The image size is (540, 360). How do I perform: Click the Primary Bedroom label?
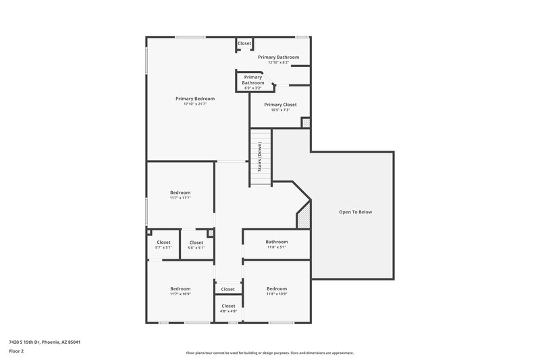[x=195, y=99]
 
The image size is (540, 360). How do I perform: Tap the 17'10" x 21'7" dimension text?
[x=195, y=104]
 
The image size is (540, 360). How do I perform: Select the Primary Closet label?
[x=280, y=105]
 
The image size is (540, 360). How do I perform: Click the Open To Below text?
[x=355, y=212]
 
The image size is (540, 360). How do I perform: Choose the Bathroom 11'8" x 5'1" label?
[x=277, y=242]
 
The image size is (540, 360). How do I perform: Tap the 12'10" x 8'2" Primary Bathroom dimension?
[x=278, y=63]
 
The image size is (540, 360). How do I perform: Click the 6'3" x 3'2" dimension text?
[x=253, y=88]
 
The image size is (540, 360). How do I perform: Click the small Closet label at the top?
[x=244, y=44]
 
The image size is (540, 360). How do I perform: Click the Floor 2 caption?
[x=17, y=351]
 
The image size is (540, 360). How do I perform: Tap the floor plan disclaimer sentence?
[x=270, y=353]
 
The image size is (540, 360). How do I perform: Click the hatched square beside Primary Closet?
[x=306, y=123]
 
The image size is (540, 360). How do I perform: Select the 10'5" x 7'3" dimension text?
[x=280, y=110]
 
